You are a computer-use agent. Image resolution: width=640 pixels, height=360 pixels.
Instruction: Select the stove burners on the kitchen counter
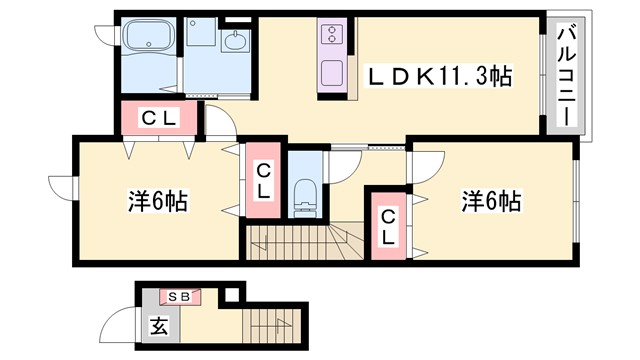tap(331, 36)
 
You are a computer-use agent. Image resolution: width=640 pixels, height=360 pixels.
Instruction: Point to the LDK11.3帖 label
tap(440, 74)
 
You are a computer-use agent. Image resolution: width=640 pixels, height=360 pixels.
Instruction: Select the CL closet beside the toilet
tap(263, 183)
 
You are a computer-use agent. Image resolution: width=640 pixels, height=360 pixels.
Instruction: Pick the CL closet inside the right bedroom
tap(387, 227)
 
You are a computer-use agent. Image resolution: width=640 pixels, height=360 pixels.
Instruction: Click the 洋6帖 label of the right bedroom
tap(490, 201)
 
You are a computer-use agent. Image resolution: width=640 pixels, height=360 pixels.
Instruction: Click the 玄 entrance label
tap(159, 325)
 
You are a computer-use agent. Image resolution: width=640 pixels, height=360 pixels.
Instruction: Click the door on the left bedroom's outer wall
tap(62, 188)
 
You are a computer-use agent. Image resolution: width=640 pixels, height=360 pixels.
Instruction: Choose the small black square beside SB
tap(232, 294)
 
